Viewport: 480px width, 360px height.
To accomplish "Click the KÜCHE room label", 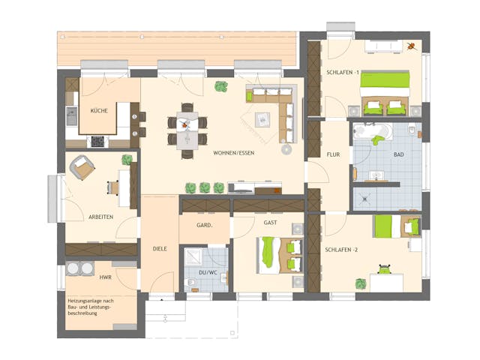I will point(99,111).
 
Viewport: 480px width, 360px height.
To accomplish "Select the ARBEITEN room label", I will point(100,217).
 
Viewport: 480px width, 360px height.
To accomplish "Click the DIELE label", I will point(160,247).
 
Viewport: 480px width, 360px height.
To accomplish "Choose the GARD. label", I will point(204,225).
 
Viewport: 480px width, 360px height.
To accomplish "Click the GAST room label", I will point(271,223).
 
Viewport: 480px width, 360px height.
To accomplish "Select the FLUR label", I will point(333,154).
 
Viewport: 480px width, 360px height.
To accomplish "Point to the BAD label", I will point(398,154).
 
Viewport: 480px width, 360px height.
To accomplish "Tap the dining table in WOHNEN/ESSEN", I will point(186,130).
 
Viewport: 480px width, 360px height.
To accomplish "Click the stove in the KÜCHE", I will point(97,139).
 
